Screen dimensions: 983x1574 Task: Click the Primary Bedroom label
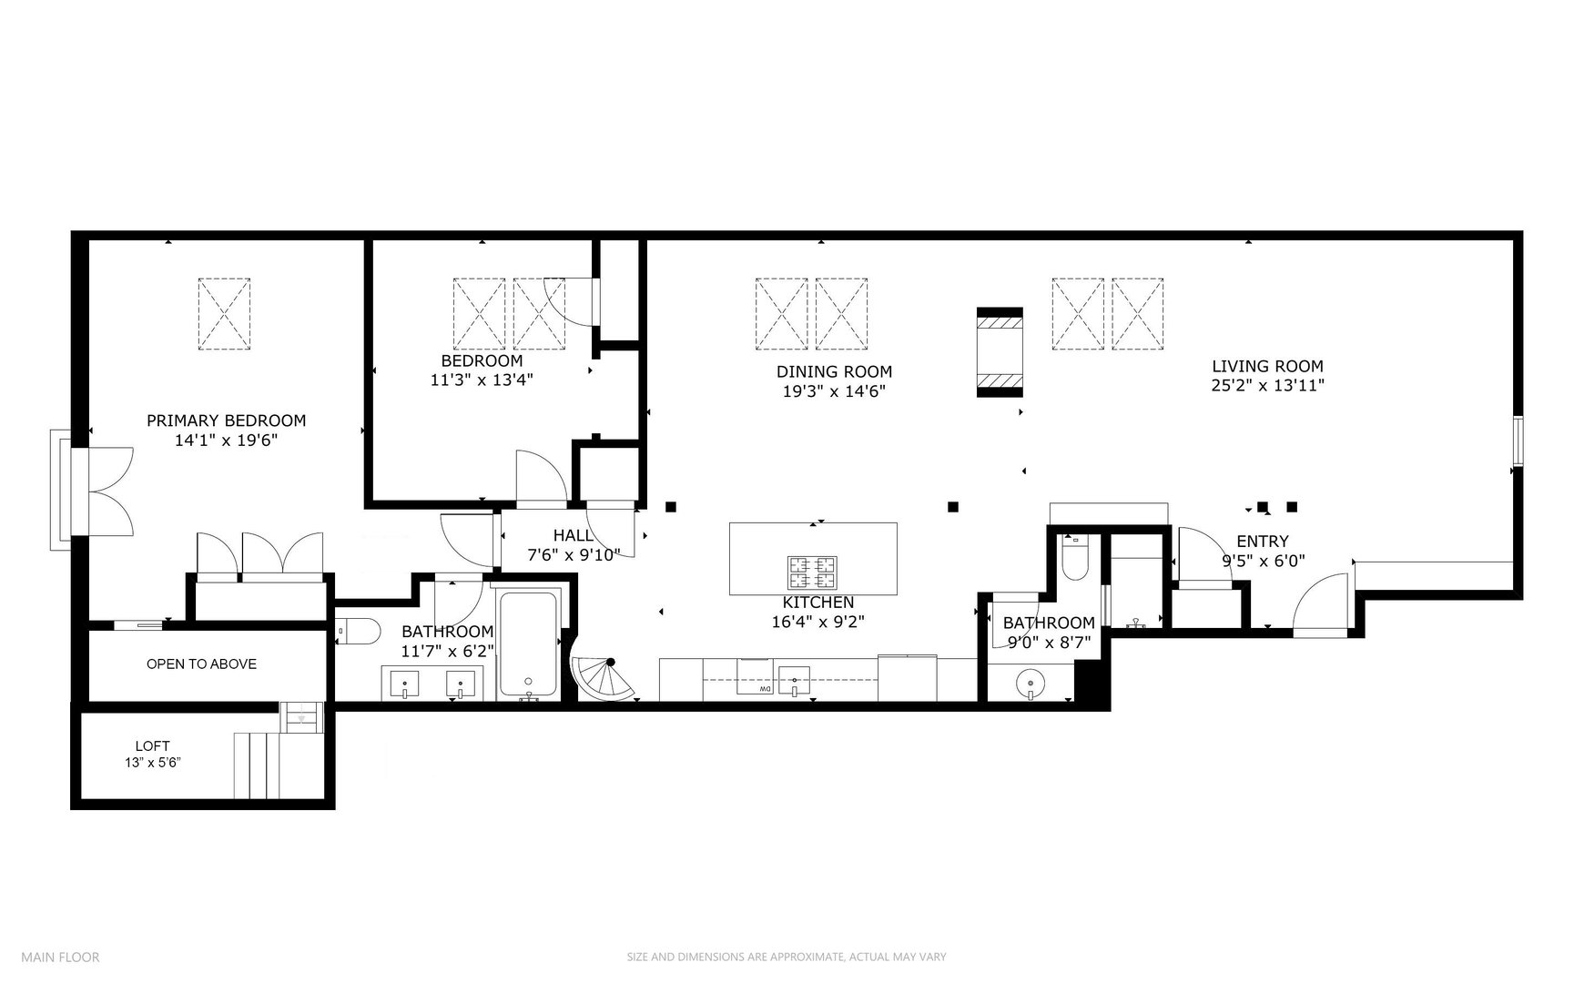point(226,421)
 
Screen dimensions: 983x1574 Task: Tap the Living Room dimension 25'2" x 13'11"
point(1266,386)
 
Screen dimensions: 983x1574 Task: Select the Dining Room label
point(834,371)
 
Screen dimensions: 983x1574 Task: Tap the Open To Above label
point(201,664)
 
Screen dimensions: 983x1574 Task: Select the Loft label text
point(153,745)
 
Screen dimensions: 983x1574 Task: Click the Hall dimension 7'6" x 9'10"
point(574,555)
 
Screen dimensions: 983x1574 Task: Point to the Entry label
point(1262,542)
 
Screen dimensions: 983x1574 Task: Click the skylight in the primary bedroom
point(225,314)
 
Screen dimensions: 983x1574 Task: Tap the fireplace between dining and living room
point(1000,352)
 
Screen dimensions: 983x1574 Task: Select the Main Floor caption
point(60,957)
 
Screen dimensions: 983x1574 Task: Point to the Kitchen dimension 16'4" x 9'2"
point(817,623)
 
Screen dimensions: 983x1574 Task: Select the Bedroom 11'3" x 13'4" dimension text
point(481,380)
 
